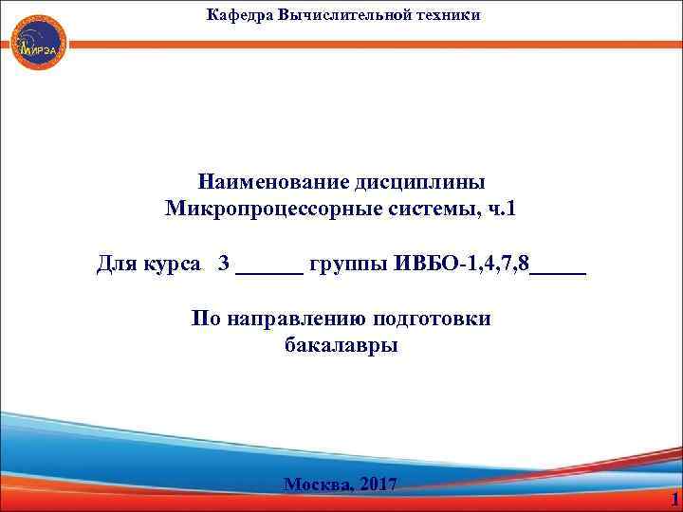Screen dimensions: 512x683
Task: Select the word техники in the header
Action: [447, 14]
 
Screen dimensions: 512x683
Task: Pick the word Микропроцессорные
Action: [268, 208]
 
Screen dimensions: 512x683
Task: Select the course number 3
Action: [224, 263]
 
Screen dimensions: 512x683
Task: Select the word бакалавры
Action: [341, 345]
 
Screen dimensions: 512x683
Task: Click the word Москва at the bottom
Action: [317, 485]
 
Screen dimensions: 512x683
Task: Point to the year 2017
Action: [378, 485]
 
